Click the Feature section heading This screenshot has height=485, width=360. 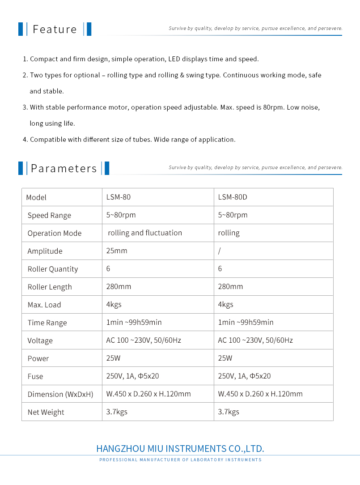pyautogui.click(x=55, y=30)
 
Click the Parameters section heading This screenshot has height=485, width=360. pyautogui.click(x=64, y=169)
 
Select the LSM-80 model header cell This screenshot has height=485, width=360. pyautogui.click(x=119, y=197)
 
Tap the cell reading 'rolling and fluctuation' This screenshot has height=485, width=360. pyautogui.click(x=145, y=233)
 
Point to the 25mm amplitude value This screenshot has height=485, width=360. pyautogui.click(x=117, y=251)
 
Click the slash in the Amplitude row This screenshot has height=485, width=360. pyautogui.click(x=220, y=251)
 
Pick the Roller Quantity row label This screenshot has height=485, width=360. pyautogui.click(x=53, y=269)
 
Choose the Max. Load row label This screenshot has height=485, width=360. pyautogui.click(x=44, y=305)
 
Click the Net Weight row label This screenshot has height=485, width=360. pyautogui.click(x=46, y=412)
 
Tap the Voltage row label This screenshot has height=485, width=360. pyautogui.click(x=40, y=340)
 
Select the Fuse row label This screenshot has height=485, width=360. pyautogui.click(x=35, y=376)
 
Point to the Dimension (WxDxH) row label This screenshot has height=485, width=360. pyautogui.click(x=60, y=394)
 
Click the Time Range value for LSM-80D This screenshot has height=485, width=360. pyautogui.click(x=246, y=323)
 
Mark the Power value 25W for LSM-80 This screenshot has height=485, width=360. pyautogui.click(x=113, y=358)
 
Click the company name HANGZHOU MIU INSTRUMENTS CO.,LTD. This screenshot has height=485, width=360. pyautogui.click(x=180, y=449)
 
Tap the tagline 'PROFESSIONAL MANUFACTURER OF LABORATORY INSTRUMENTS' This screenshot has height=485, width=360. pyautogui.click(x=180, y=460)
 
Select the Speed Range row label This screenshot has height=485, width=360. pyautogui.click(x=49, y=215)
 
